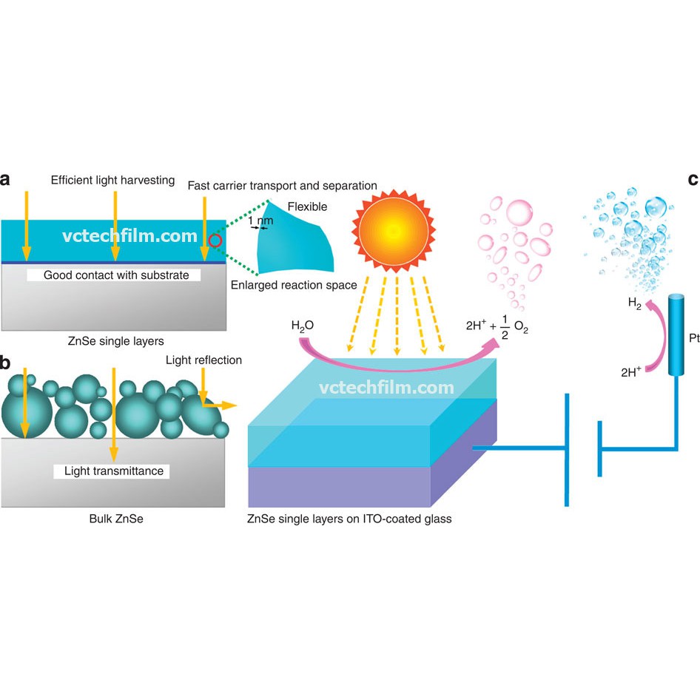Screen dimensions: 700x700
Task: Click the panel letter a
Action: point(4,180)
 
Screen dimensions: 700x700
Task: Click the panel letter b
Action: point(5,363)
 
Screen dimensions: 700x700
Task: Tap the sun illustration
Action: point(394,231)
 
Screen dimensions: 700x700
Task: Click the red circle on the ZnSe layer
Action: point(215,240)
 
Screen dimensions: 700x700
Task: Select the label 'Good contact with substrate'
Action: point(116,275)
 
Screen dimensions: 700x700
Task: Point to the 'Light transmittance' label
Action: point(114,471)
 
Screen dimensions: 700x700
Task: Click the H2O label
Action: point(302,326)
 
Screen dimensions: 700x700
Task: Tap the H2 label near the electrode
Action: point(634,303)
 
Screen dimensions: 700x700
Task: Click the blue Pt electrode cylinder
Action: point(676,334)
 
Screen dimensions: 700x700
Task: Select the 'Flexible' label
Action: point(307,206)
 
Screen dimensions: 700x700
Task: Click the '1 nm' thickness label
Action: point(260,220)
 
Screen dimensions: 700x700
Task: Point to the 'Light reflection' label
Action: point(203,360)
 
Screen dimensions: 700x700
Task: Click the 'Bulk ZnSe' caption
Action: point(116,519)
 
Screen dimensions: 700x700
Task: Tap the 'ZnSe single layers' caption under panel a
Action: point(115,341)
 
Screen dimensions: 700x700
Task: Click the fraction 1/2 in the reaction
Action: point(505,327)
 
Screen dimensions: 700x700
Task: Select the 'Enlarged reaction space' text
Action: point(294,285)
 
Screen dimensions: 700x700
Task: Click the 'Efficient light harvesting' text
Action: point(112,180)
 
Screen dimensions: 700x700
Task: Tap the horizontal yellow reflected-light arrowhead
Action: point(229,405)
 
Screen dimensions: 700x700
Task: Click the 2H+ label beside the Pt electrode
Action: point(631,372)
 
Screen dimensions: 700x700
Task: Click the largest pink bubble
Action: point(519,213)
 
